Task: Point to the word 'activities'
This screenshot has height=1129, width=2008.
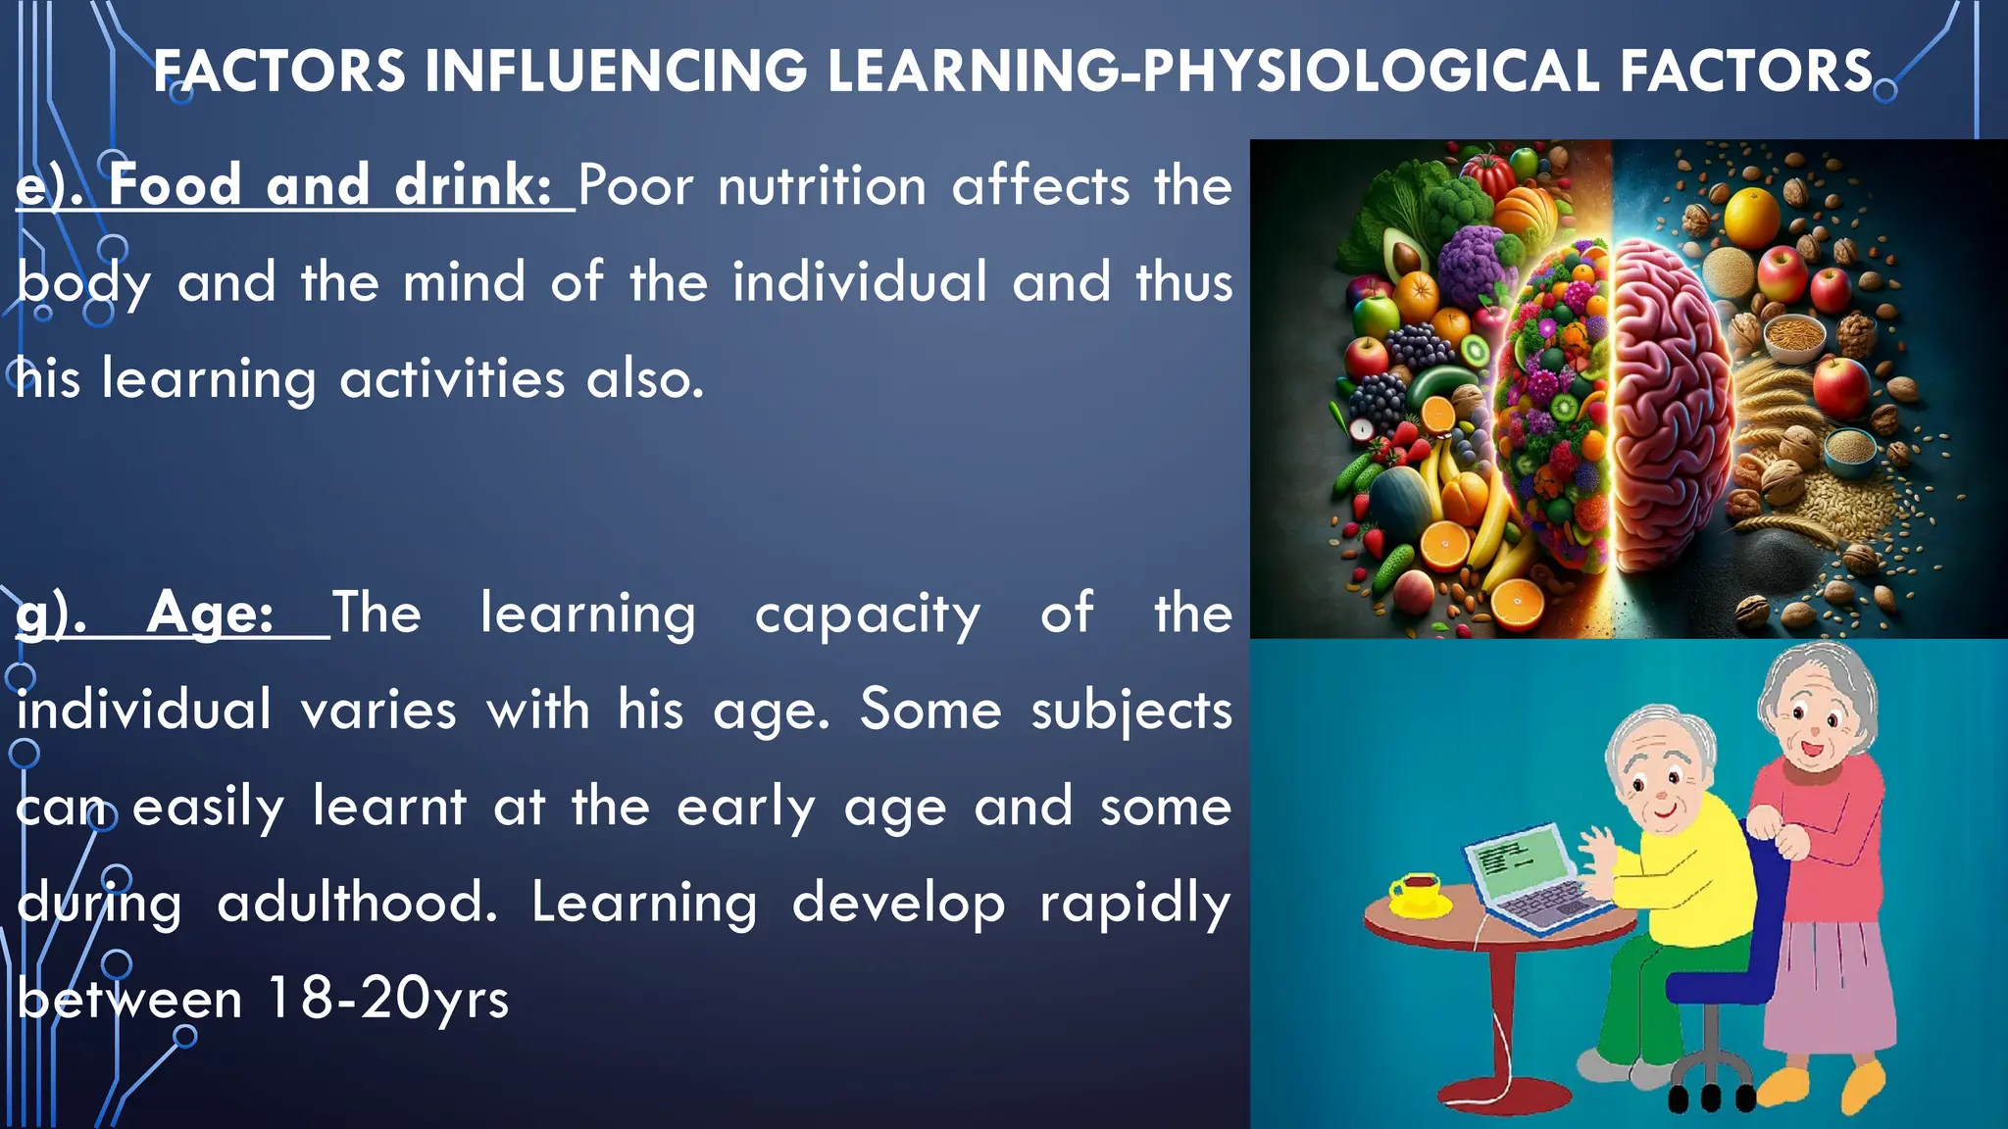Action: [452, 379]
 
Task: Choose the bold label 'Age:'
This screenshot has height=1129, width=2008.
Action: [210, 614]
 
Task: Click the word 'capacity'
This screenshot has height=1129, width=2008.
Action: [867, 614]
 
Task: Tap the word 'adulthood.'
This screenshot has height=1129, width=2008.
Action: [358, 903]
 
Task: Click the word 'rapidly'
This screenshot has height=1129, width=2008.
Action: [1134, 903]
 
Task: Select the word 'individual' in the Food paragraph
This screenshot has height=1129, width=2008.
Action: [859, 283]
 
